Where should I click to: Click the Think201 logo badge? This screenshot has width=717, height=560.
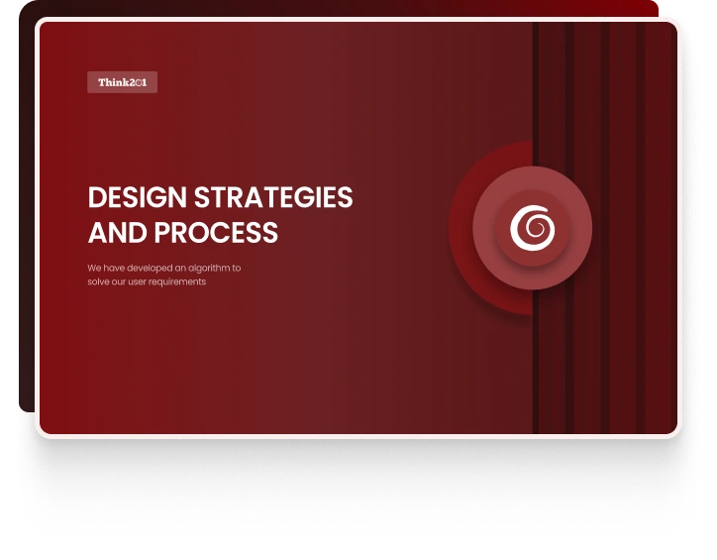(122, 83)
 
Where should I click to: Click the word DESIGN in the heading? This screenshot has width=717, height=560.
(134, 197)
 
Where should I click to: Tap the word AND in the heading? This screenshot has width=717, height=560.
(116, 233)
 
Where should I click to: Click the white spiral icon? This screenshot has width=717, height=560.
(533, 228)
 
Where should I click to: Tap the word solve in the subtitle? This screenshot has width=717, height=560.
(97, 282)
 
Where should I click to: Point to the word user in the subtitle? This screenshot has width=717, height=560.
(142, 282)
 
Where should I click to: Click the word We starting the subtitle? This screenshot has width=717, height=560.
(93, 268)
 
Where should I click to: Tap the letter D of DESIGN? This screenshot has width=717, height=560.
(97, 197)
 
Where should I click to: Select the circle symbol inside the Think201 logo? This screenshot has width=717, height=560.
(137, 83)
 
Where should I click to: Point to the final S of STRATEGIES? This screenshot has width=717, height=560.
(345, 197)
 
